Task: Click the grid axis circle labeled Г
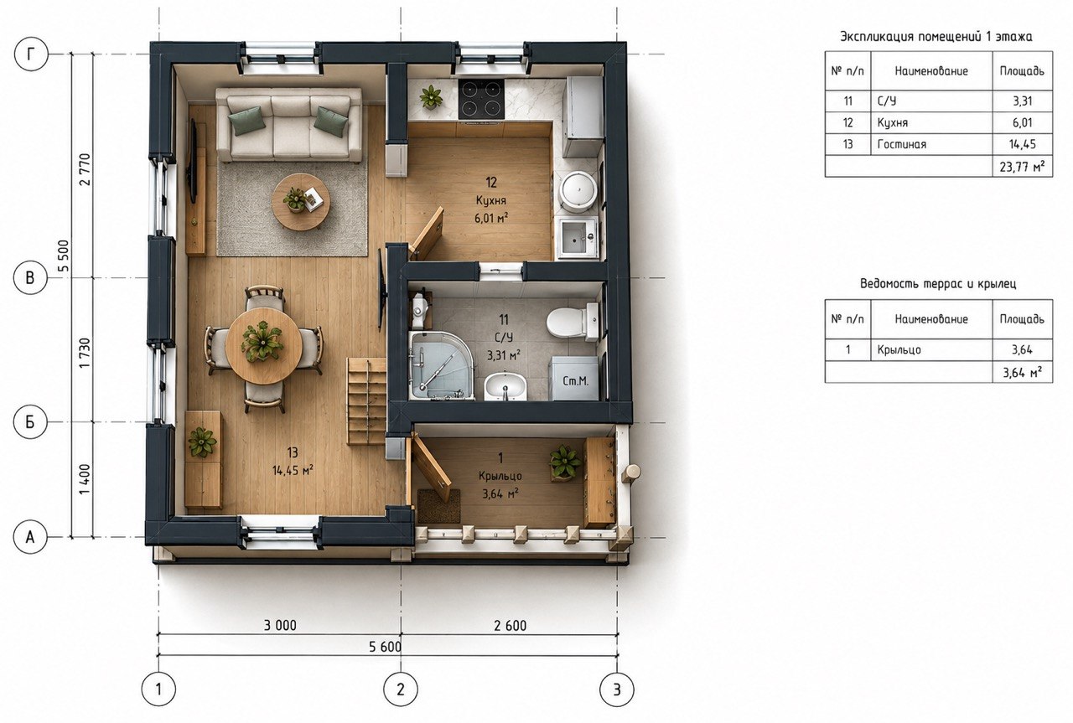tap(32, 54)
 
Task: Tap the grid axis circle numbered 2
tap(401, 689)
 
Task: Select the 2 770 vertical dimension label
tap(85, 169)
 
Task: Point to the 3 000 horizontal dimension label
tap(280, 625)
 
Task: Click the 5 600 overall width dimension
tap(385, 647)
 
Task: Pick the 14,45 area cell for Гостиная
tap(1022, 144)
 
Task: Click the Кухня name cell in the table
tap(931, 122)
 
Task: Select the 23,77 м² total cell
tap(1022, 166)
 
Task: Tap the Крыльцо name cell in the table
tap(931, 349)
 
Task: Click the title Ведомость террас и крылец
tap(938, 283)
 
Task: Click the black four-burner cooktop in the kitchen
tap(481, 99)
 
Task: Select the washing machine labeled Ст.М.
tap(574, 378)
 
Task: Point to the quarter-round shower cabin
tap(441, 365)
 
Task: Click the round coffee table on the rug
tap(300, 202)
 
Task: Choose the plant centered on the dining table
tap(262, 341)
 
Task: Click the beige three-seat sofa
tap(289, 126)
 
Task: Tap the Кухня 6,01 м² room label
tap(491, 200)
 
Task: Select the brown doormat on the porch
tap(438, 506)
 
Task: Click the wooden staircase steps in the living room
tap(367, 401)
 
